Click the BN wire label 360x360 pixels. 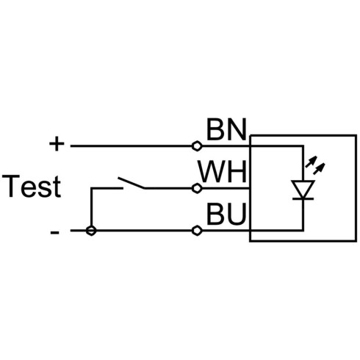tap(226, 129)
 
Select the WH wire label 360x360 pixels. tap(223, 171)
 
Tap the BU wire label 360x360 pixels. tap(226, 214)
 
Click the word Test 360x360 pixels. tap(32, 186)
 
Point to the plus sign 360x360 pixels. tap(57, 143)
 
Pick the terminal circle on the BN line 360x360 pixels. tap(197, 146)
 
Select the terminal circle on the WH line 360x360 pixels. tap(197, 188)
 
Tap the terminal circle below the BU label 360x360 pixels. tap(197, 231)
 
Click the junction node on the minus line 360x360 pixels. tap(91, 231)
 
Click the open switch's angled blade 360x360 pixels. tap(132, 183)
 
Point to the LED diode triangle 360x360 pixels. tap(303, 190)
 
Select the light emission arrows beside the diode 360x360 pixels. tap(315, 165)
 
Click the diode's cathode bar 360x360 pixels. tap(303, 198)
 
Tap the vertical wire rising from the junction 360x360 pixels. tap(91, 209)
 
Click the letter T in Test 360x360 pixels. tap(11, 186)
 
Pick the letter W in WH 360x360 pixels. tap(212, 171)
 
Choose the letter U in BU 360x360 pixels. tap(237, 214)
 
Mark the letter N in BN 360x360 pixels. tap(237, 129)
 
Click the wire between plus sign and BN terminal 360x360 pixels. tap(132, 146)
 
